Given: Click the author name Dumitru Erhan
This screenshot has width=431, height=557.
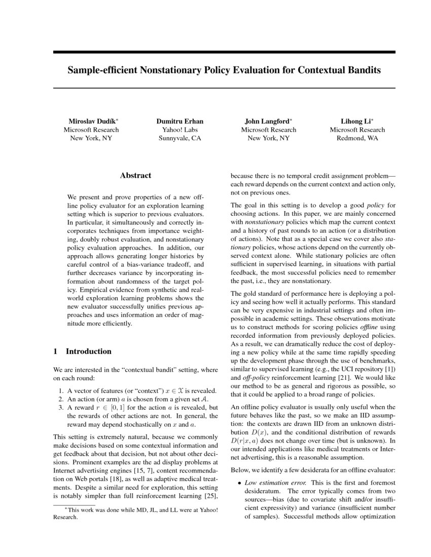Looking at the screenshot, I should tap(179, 121).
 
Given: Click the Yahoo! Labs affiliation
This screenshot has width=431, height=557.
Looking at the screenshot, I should tap(179, 130).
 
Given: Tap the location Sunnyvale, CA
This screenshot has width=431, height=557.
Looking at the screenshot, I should tap(179, 138).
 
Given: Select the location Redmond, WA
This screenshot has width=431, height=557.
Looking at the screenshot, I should tap(357, 138).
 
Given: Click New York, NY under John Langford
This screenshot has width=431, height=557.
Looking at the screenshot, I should tap(268, 138).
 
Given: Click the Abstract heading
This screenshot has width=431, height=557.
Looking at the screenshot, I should tap(135, 176).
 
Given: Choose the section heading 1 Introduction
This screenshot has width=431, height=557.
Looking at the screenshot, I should tap(82, 351).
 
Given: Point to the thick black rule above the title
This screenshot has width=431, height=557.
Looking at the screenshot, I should tap(224, 52).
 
